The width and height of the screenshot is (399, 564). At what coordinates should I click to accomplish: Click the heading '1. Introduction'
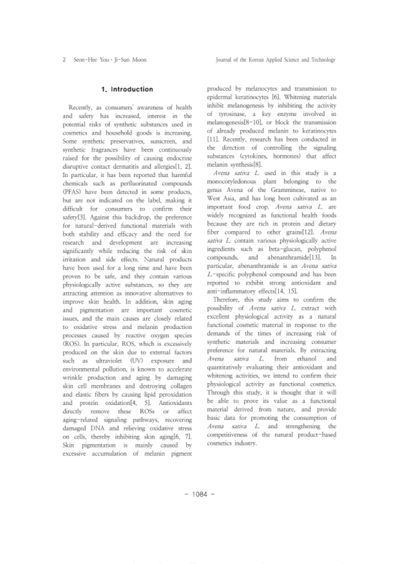127,89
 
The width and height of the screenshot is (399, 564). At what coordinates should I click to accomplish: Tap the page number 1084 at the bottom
199,494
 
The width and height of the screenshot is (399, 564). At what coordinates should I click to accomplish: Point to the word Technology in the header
323,60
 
